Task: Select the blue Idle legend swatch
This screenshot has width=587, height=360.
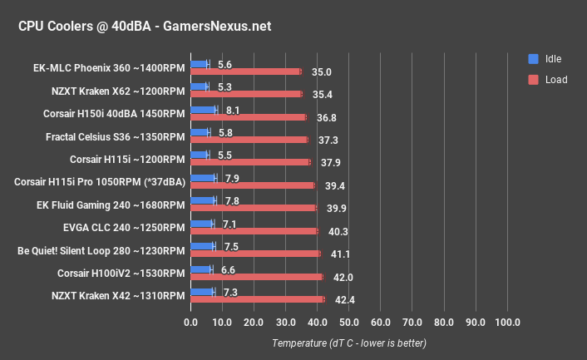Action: tap(533, 59)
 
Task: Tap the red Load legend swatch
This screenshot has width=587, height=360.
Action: tap(533, 80)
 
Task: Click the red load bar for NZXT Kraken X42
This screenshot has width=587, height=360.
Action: tap(258, 299)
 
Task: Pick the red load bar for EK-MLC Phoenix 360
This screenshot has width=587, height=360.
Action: tap(246, 72)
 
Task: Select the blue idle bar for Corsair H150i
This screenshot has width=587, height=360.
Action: tap(204, 109)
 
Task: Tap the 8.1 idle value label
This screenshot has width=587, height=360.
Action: tap(233, 109)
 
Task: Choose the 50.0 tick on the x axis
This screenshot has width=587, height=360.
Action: tap(349, 323)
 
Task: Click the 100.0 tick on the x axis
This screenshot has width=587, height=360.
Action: tap(507, 323)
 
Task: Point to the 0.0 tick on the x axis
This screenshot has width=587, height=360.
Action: tap(191, 323)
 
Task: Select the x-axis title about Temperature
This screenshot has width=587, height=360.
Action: tap(349, 343)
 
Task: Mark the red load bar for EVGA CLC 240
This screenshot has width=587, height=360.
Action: tap(254, 231)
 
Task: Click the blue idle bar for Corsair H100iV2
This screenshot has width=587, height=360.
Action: tap(201, 269)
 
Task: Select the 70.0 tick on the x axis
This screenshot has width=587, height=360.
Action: tap(412, 323)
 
